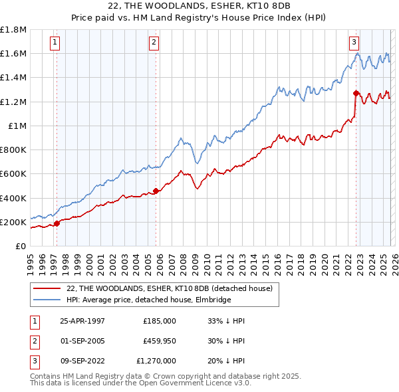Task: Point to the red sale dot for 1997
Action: [x=57, y=223]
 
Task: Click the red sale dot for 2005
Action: [x=156, y=191]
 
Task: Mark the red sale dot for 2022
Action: [x=356, y=93]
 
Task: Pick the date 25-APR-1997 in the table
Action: [x=82, y=321]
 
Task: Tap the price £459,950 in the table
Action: [x=160, y=341]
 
